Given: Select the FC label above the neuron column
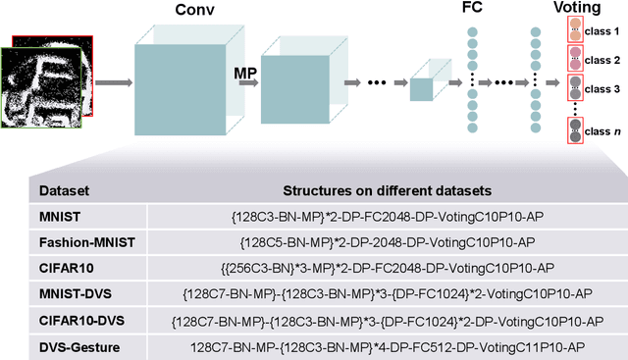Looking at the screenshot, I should [471, 9].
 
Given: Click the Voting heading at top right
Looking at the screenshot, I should [578, 9].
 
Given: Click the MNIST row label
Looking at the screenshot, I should [61, 216].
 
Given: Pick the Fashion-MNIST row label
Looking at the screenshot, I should [87, 241].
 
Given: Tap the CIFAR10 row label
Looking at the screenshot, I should [67, 267].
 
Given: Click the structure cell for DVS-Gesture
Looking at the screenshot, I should [382, 343].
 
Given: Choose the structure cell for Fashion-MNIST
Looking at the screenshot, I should [382, 241].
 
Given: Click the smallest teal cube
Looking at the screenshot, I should [422, 87].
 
